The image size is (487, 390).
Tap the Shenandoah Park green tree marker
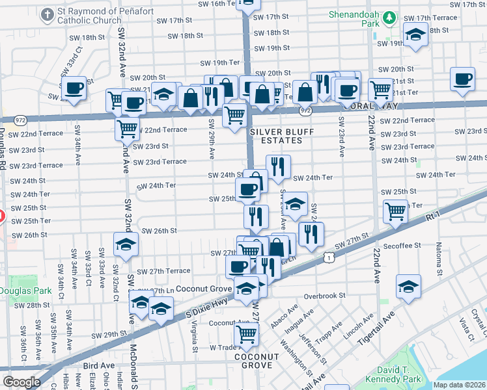(x=389, y=17)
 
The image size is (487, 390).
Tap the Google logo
(x=21, y=382)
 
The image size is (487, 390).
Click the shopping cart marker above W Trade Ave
(x=247, y=333)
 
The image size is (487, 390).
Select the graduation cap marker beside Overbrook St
(x=408, y=285)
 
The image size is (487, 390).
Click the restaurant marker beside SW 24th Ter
(x=278, y=166)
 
